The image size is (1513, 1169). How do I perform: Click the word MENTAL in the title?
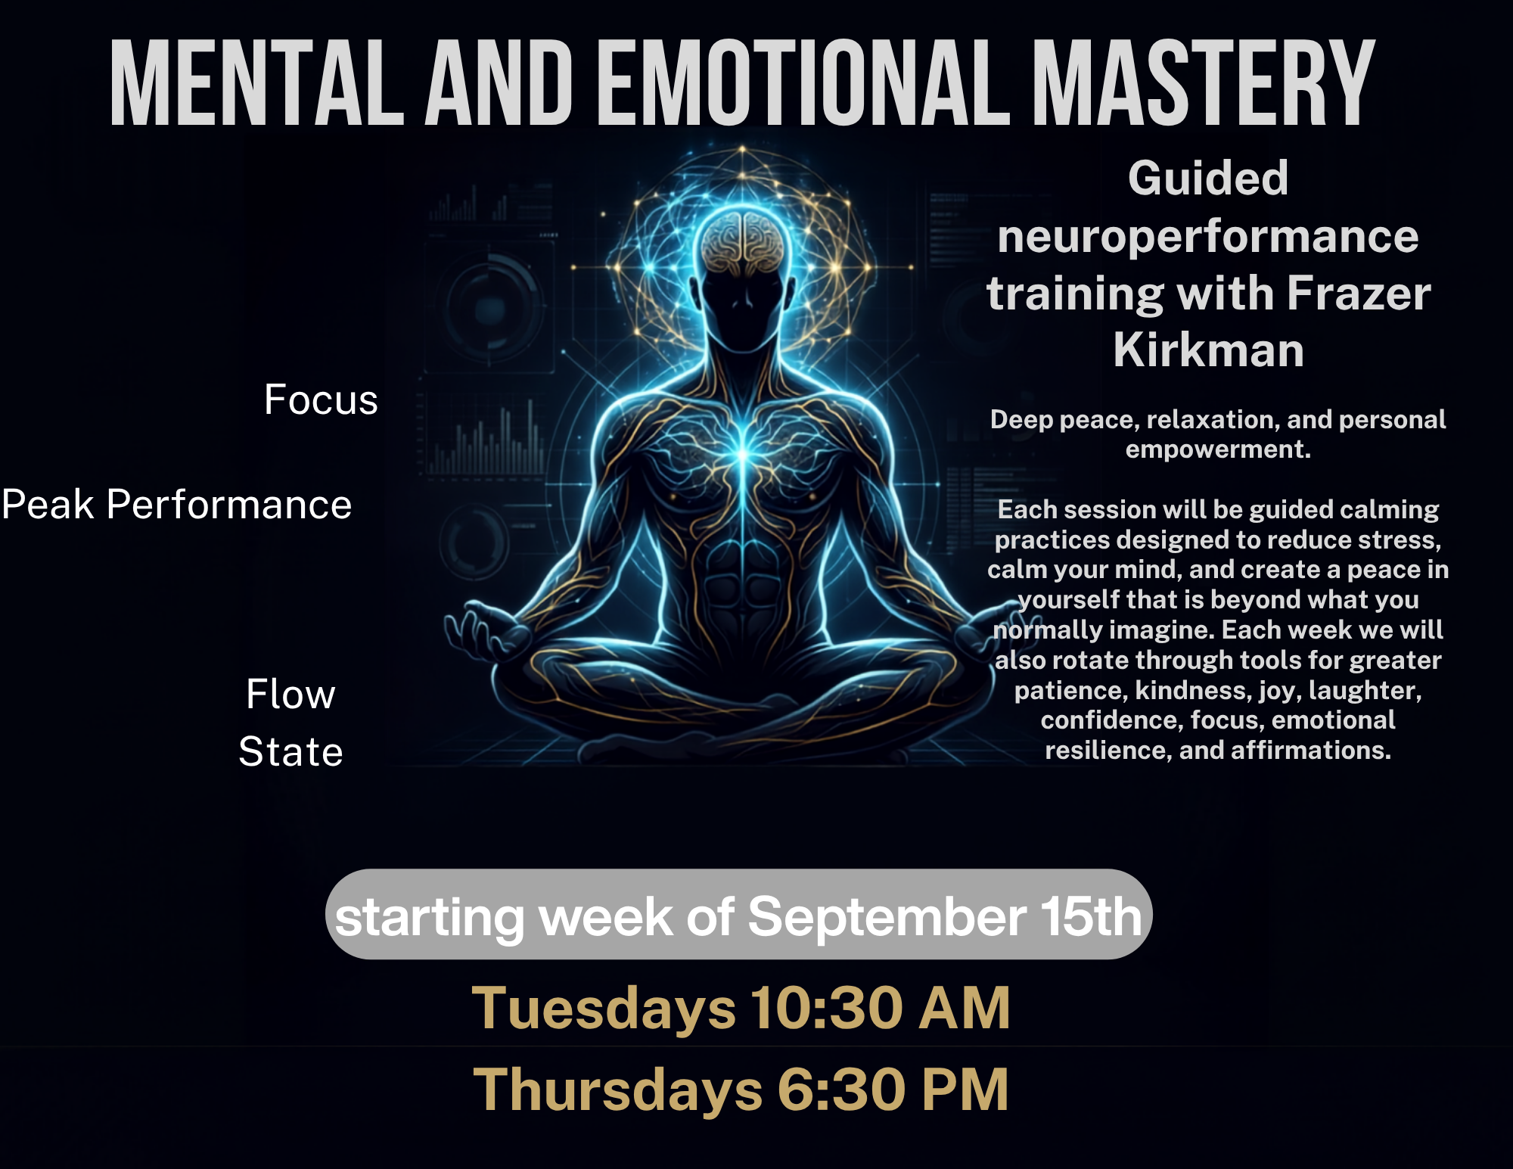257,82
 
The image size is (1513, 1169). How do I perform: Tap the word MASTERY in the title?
1204,82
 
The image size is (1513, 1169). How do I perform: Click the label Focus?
321,400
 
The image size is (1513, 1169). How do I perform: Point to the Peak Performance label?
177,504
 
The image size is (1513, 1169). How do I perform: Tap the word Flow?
290,694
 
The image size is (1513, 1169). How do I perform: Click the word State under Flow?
291,751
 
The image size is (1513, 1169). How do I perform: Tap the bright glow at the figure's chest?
743,452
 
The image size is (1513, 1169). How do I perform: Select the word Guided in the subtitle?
1208,179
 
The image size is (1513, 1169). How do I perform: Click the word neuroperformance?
1208,237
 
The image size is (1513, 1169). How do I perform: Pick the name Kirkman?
1209,350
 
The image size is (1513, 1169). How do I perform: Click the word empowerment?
1218,450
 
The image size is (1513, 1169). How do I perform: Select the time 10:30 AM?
881,1009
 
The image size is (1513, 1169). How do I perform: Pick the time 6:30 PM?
893,1090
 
